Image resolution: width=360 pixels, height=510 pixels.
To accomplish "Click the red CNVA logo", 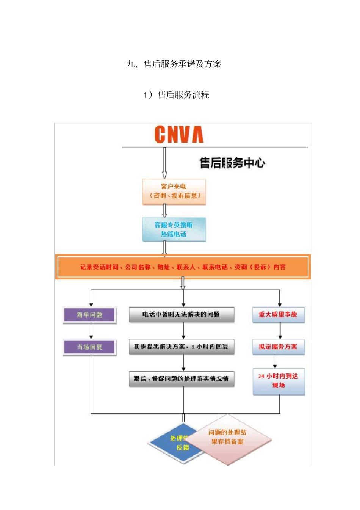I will (x=179, y=135).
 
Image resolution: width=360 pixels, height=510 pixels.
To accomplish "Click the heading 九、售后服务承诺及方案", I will (x=174, y=64).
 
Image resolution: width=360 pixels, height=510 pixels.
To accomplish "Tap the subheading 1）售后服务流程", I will (x=176, y=95).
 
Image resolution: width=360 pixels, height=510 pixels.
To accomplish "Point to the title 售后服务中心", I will (x=232, y=163).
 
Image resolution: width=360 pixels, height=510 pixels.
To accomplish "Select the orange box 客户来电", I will (x=174, y=191).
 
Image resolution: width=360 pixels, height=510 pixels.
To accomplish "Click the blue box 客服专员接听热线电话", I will (x=174, y=229).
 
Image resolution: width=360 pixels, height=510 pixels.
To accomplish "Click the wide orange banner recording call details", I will (x=183, y=267).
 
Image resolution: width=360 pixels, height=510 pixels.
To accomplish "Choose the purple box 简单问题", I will (x=90, y=315).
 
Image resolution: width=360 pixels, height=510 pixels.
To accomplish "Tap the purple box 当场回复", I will (x=90, y=347).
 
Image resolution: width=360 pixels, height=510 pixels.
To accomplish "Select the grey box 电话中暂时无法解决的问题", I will (x=182, y=315).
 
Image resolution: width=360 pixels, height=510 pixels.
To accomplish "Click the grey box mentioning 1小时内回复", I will (x=182, y=347).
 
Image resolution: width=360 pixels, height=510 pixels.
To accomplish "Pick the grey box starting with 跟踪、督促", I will (x=182, y=378).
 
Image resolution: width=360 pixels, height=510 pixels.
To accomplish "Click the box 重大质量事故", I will (x=279, y=315).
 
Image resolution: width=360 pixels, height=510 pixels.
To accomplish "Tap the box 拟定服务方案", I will (x=279, y=347).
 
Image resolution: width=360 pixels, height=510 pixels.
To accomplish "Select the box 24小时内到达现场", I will (x=279, y=381).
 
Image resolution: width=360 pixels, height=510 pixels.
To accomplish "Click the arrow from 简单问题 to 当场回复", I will (x=91, y=331).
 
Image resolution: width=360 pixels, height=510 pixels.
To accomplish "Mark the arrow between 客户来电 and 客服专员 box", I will (x=164, y=211).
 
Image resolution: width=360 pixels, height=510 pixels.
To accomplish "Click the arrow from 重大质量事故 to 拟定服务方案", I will (x=280, y=331).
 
